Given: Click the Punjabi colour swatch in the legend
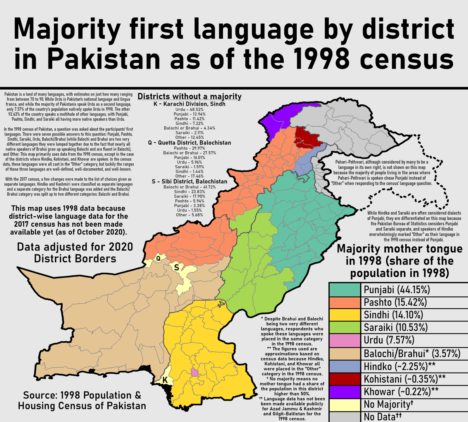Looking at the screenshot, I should tap(345, 290).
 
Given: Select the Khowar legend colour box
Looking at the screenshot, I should tap(345, 392).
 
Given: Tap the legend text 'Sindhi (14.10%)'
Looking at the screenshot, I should tap(393, 315).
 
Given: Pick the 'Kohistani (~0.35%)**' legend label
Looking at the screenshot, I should tap(405, 379).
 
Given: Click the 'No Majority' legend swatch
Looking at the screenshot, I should tap(345, 404).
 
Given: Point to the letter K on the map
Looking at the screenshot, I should tap(165, 380).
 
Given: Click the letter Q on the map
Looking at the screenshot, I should tap(158, 259).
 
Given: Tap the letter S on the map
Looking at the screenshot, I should tap(176, 267).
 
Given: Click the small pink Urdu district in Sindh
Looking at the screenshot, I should tap(195, 373).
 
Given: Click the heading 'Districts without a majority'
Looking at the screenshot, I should tap(190, 96).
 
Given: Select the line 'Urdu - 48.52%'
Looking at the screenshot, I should tap(190, 109).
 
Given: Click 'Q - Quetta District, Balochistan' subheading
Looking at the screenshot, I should tap(190, 143).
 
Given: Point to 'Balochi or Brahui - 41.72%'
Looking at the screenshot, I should tap(190, 187).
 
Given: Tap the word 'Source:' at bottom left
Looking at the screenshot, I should tap(40, 395).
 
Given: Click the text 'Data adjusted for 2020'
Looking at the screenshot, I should tap(75, 247).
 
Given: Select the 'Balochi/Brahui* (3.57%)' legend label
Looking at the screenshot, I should tap(412, 353).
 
